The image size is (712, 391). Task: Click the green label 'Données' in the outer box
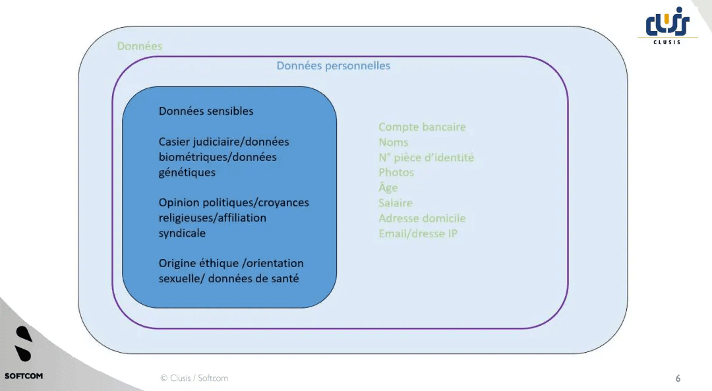tap(139, 46)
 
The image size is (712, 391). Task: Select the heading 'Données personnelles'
tap(333, 66)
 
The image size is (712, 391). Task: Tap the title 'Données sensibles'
tap(206, 111)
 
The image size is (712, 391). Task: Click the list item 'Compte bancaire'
tap(422, 127)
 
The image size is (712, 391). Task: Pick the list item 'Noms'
tap(393, 142)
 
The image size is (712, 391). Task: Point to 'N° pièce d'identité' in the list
tap(426, 158)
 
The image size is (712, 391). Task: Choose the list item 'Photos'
tap(396, 173)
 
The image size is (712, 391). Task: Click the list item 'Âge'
tap(388, 187)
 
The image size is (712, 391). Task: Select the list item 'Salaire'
tap(395, 203)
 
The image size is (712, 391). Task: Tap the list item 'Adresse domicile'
tap(421, 218)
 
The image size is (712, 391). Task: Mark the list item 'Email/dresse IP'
tap(417, 233)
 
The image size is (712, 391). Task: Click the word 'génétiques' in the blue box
tap(187, 173)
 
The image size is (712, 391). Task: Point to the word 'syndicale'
tap(182, 233)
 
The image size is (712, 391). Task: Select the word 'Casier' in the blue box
tap(173, 142)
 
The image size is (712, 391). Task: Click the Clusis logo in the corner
tap(667, 28)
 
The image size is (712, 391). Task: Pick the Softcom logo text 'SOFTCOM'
tap(24, 376)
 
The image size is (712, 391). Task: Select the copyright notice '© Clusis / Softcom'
tap(194, 378)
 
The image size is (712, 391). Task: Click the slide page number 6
tap(678, 378)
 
